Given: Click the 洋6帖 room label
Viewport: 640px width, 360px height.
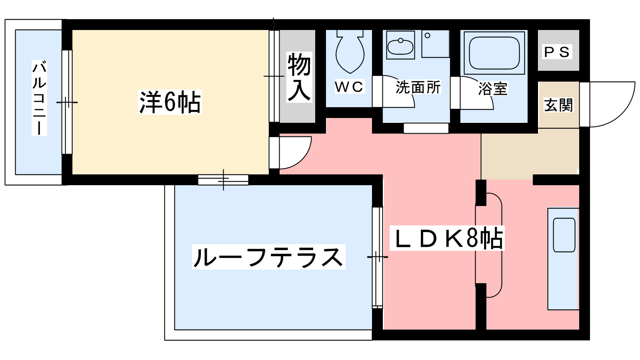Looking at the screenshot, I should (x=170, y=102).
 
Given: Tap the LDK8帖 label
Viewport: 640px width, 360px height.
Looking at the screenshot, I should (x=448, y=239).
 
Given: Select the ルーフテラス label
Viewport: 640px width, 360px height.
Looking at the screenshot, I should (x=268, y=257).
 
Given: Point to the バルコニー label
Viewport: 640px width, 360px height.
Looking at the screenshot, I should (x=39, y=98).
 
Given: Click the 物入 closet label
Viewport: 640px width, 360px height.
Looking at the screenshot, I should (x=299, y=77).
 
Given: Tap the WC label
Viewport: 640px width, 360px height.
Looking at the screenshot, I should (x=349, y=87).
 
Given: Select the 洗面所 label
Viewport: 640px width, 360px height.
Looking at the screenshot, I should (x=418, y=87).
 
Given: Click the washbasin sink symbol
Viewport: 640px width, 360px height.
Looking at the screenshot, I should (x=400, y=46).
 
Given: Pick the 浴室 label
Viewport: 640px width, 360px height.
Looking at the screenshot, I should (x=493, y=88).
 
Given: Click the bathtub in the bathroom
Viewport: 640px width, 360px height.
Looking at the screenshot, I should (x=494, y=53).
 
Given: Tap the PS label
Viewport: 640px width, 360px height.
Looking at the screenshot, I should (x=557, y=52).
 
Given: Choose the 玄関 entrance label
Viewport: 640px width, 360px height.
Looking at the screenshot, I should (x=558, y=105).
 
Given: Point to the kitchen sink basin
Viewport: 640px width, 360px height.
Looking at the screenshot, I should (x=564, y=235).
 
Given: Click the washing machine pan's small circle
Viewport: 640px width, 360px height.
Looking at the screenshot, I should (x=428, y=36).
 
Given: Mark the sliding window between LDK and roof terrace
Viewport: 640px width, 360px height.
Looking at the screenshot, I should (x=377, y=257).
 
